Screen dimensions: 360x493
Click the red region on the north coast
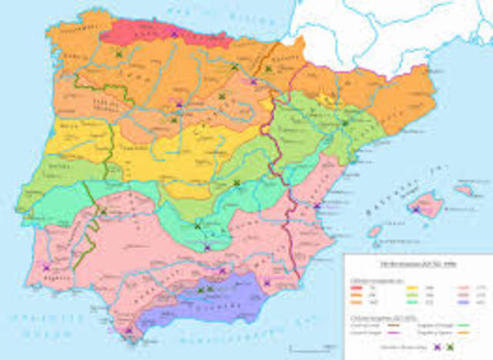pos(146,32)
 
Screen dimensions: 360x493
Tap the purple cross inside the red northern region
pos(175,34)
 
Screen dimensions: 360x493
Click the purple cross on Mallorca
pos(417,207)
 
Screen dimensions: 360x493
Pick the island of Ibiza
pos(374,230)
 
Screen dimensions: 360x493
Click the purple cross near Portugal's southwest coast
pos(46,267)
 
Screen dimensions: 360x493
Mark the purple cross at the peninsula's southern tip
pos(128,334)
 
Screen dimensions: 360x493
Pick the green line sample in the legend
pos(463,325)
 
